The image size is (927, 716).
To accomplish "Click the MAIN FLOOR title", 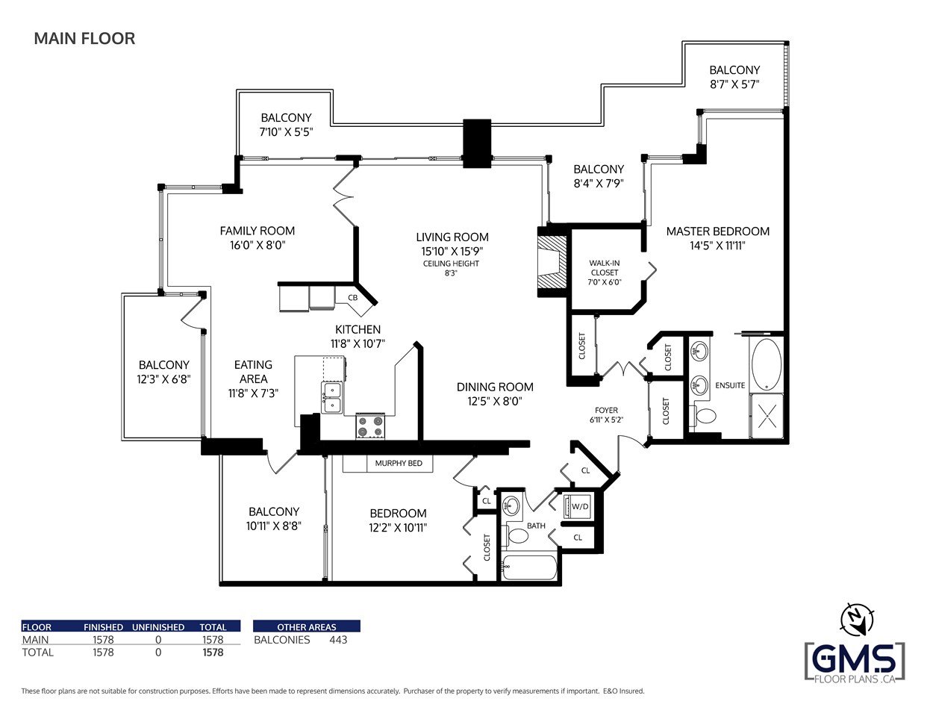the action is pyautogui.click(x=84, y=38).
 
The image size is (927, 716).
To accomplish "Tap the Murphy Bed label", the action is pyautogui.click(x=399, y=464).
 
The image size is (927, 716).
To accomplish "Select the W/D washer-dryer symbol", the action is pyautogui.click(x=576, y=506).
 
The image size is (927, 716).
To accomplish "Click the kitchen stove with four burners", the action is pyautogui.click(x=370, y=426).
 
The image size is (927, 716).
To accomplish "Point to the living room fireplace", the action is pyautogui.click(x=552, y=263).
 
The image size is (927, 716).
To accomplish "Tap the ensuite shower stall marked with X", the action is pyautogui.click(x=767, y=416).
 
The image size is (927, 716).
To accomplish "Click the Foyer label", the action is pyautogui.click(x=606, y=410).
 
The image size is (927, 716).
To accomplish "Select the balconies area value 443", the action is pyautogui.click(x=338, y=640).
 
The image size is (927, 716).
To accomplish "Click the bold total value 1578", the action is pyautogui.click(x=213, y=653).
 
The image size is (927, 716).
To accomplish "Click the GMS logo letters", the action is pyautogui.click(x=855, y=659).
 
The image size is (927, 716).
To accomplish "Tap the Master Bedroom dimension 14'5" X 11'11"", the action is pyautogui.click(x=717, y=246).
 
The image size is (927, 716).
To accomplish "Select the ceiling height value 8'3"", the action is pyautogui.click(x=451, y=273).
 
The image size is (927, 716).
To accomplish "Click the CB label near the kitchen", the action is pyautogui.click(x=352, y=298).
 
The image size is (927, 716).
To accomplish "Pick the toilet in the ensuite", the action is pyautogui.click(x=704, y=415).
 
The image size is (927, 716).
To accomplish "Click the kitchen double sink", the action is pyautogui.click(x=332, y=398).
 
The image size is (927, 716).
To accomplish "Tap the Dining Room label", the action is pyautogui.click(x=495, y=387).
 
